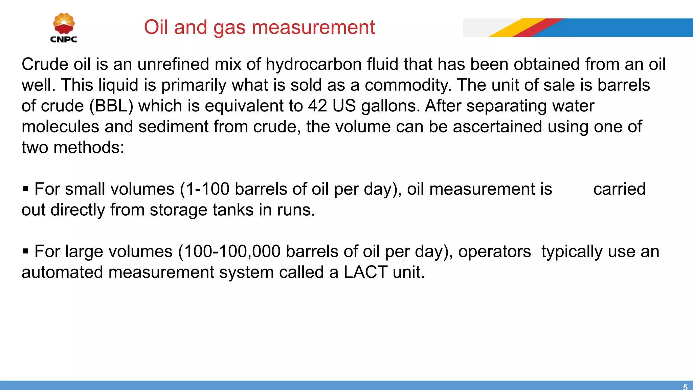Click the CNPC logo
tap(64, 28)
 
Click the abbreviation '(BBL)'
tap(111, 106)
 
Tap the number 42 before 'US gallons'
tap(317, 106)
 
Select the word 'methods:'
tap(89, 148)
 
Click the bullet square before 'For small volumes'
tap(25, 189)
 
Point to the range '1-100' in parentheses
tap(208, 189)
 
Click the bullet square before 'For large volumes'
tap(25, 251)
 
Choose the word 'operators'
tap(494, 252)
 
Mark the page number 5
tap(685, 387)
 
